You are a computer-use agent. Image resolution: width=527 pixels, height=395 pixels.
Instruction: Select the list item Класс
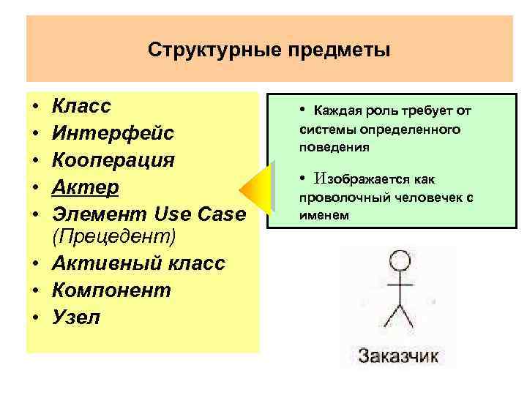81,107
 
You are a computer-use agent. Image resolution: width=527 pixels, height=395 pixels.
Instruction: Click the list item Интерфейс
113,133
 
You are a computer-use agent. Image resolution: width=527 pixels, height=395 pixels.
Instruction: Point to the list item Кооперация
113,159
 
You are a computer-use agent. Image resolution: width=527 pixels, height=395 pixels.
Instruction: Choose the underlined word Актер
85,187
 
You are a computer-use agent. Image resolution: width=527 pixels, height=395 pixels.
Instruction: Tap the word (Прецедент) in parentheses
114,238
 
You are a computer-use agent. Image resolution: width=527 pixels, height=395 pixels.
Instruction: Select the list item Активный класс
138,264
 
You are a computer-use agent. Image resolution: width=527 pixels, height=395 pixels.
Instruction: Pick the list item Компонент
111,290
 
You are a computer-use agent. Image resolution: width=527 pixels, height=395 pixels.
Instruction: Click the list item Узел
76,317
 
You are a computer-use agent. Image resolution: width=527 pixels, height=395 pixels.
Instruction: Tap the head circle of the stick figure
398,260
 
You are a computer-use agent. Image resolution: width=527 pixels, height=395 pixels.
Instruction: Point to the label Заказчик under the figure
398,356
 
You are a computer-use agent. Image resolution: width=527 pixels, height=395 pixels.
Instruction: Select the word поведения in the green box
334,147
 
